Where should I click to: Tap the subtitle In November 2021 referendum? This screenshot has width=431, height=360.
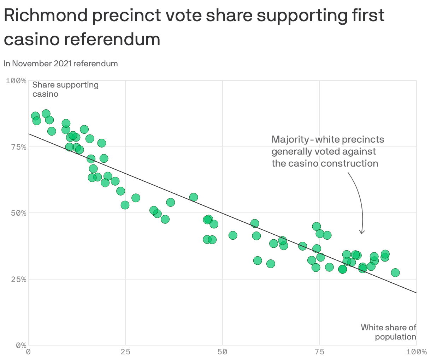pos(61,64)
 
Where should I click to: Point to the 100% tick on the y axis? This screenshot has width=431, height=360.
pos(16,81)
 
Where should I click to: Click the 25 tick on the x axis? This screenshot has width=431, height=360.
pos(125,352)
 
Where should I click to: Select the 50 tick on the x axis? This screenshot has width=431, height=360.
pos(223,352)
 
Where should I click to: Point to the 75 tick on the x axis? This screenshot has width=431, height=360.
pos(319,352)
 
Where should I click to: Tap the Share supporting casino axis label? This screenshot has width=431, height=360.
pos(65,89)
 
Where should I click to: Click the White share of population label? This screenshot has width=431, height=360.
pos(389,332)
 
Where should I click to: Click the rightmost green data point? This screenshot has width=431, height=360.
pos(395,272)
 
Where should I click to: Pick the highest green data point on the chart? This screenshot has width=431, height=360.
pos(46,114)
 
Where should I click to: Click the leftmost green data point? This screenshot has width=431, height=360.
pos(35,116)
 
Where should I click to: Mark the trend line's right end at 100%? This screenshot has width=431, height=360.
pos(416,293)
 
